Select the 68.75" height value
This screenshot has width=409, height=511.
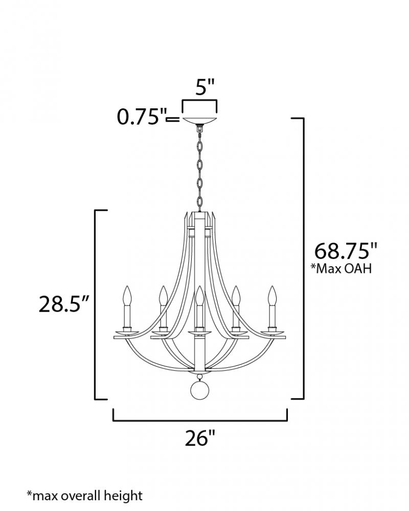point(346,250)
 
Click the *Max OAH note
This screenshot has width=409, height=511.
point(341,269)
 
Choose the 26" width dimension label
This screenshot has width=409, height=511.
point(200,438)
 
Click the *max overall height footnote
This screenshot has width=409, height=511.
point(85,496)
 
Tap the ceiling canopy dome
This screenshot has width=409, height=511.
point(200,121)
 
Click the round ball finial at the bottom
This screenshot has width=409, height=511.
point(199,390)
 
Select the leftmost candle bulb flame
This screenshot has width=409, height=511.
point(127,295)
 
